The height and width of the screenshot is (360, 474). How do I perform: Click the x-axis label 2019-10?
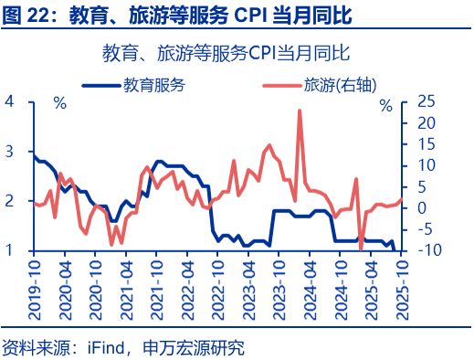click(33, 286)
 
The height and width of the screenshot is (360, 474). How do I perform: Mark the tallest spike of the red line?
click(300, 111)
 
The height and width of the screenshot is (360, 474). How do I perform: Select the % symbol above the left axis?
click(60, 102)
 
